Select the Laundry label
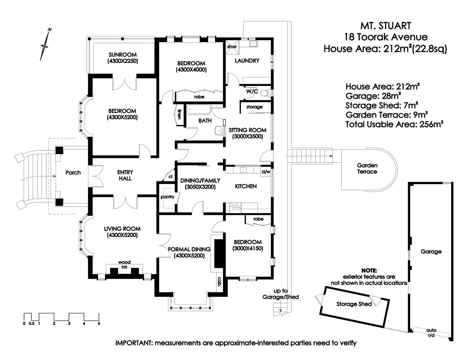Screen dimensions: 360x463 pyautogui.click(x=247, y=61)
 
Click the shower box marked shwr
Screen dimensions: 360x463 pyautogui.click(x=232, y=47)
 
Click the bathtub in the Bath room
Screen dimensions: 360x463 pyautogui.click(x=199, y=110)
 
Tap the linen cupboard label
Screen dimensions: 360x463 pyautogui.click(x=179, y=114)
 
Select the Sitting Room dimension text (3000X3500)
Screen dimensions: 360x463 pyautogui.click(x=247, y=136)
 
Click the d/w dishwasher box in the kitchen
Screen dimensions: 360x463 pyautogui.click(x=266, y=172)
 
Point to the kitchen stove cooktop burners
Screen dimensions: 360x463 pyautogui.click(x=235, y=207)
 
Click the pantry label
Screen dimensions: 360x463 pyautogui.click(x=167, y=197)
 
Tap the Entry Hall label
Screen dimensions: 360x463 pyautogui.click(x=125, y=175)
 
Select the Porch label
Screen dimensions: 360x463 pyautogui.click(x=73, y=173)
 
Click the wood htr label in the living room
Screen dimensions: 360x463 pyautogui.click(x=124, y=265)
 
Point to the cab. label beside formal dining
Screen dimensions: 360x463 pyautogui.click(x=220, y=282)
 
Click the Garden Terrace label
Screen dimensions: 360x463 pyautogui.click(x=367, y=168)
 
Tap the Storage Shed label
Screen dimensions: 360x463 pyautogui.click(x=354, y=304)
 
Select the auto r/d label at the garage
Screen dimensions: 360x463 pyautogui.click(x=431, y=333)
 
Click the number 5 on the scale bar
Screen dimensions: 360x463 pyautogui.click(x=99, y=323)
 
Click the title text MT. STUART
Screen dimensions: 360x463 pyautogui.click(x=386, y=26)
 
